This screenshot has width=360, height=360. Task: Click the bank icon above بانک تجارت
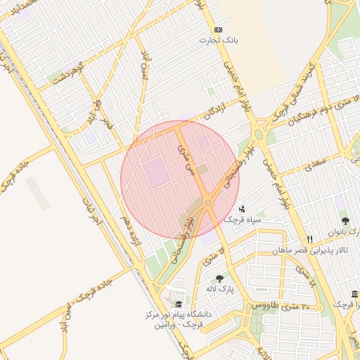pos(218,30)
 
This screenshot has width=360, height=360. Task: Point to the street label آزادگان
pos(217,111)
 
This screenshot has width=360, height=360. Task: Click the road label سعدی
pos(314,166)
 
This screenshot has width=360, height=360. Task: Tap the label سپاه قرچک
pos(243,219)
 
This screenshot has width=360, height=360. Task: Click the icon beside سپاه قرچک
pos(243,208)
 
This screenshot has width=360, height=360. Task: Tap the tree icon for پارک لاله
pos(220,278)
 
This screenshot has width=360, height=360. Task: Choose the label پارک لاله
pos(220,289)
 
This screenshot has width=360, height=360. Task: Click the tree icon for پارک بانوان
pos(345,221)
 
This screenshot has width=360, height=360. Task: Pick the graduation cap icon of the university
pos(179,304)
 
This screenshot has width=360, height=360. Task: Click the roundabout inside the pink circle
pos(209,203)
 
